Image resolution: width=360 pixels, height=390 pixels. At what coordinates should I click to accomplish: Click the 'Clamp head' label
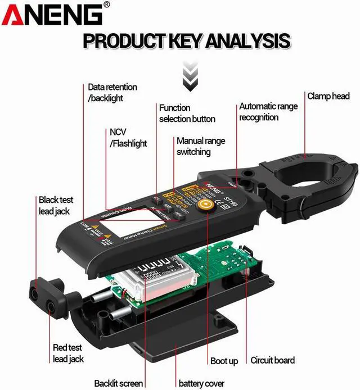coord(328,96)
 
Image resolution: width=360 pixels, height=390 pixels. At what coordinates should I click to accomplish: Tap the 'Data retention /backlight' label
coord(112,93)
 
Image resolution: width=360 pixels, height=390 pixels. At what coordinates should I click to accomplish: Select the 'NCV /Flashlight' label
coord(128,138)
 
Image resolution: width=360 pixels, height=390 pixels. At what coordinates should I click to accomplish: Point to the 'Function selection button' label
coord(187,113)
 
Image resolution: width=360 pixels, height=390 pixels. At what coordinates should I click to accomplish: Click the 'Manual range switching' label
coord(201,146)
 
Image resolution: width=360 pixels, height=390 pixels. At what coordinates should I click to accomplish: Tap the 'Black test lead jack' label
coord(56,205)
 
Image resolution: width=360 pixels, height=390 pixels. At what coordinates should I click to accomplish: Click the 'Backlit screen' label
coord(118,383)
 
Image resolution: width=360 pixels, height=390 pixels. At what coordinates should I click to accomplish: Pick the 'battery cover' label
coord(201,383)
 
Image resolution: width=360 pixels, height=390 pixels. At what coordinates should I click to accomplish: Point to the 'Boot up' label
coord(224,360)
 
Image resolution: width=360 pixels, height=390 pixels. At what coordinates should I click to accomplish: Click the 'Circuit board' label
coord(272,360)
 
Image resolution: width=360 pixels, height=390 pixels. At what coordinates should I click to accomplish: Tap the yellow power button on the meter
coord(208,206)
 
